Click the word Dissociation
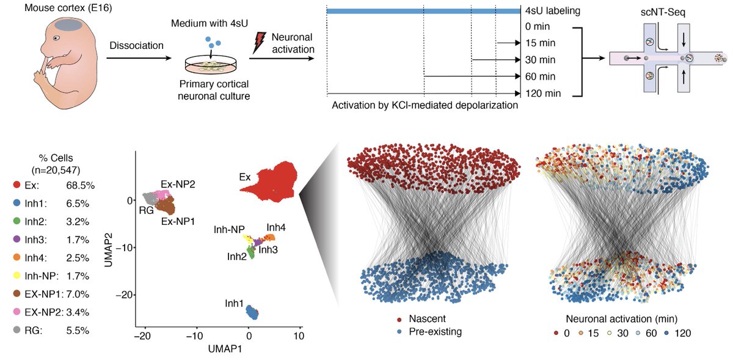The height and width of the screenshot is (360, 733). [x=137, y=45]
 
